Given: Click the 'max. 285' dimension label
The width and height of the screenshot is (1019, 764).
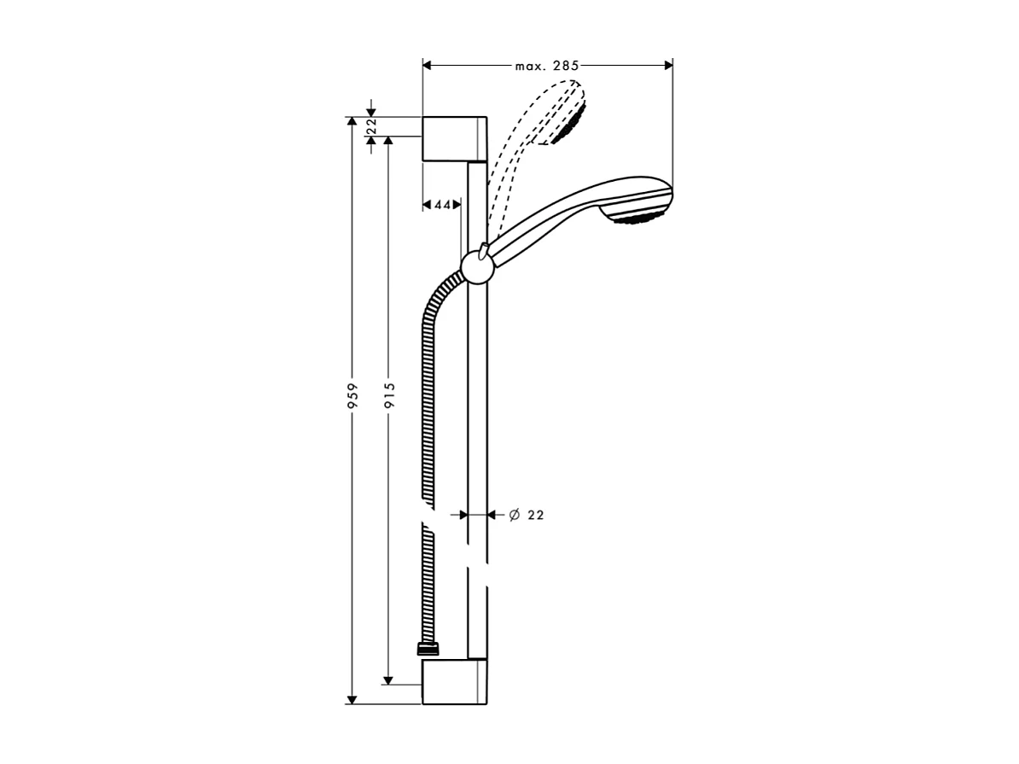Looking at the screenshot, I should coord(547,65).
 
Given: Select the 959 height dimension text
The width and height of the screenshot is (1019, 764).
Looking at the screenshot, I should coord(352,398).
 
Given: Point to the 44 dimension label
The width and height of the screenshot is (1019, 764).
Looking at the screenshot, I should coord(442,205).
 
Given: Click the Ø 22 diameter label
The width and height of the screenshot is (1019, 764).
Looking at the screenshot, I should coord(527,515).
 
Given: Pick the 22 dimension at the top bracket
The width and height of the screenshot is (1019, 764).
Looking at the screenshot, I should coord(371,126).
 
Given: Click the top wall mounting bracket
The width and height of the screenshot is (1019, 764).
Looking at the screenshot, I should coord(454,137).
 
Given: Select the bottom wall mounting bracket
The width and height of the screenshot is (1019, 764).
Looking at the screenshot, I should coord(454,681).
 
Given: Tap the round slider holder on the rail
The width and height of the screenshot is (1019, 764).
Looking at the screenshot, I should coord(476,269).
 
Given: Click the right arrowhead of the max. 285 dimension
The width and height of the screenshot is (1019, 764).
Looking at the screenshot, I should coord(667,65).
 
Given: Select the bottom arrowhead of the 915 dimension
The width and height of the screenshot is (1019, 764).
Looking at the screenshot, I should coord(388,679).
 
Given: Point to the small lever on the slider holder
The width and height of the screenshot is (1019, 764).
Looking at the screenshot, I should coord(483,248).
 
